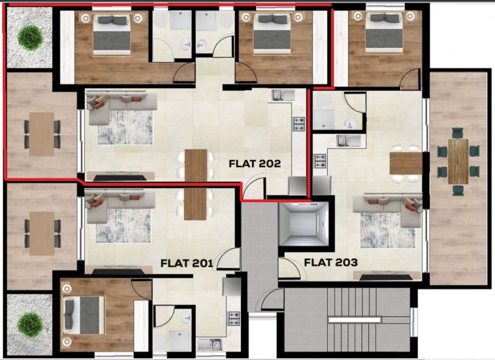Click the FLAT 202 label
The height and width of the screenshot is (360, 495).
255,163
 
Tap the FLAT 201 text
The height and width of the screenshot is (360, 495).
186,263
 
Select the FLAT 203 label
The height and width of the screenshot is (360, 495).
331,262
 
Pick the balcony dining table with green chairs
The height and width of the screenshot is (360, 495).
458,161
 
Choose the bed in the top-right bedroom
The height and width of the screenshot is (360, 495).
381,32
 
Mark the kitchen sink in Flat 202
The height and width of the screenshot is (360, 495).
282,95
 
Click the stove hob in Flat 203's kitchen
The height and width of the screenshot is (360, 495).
320,160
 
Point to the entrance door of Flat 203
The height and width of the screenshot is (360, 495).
286,268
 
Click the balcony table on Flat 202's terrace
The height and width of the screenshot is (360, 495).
42,134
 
